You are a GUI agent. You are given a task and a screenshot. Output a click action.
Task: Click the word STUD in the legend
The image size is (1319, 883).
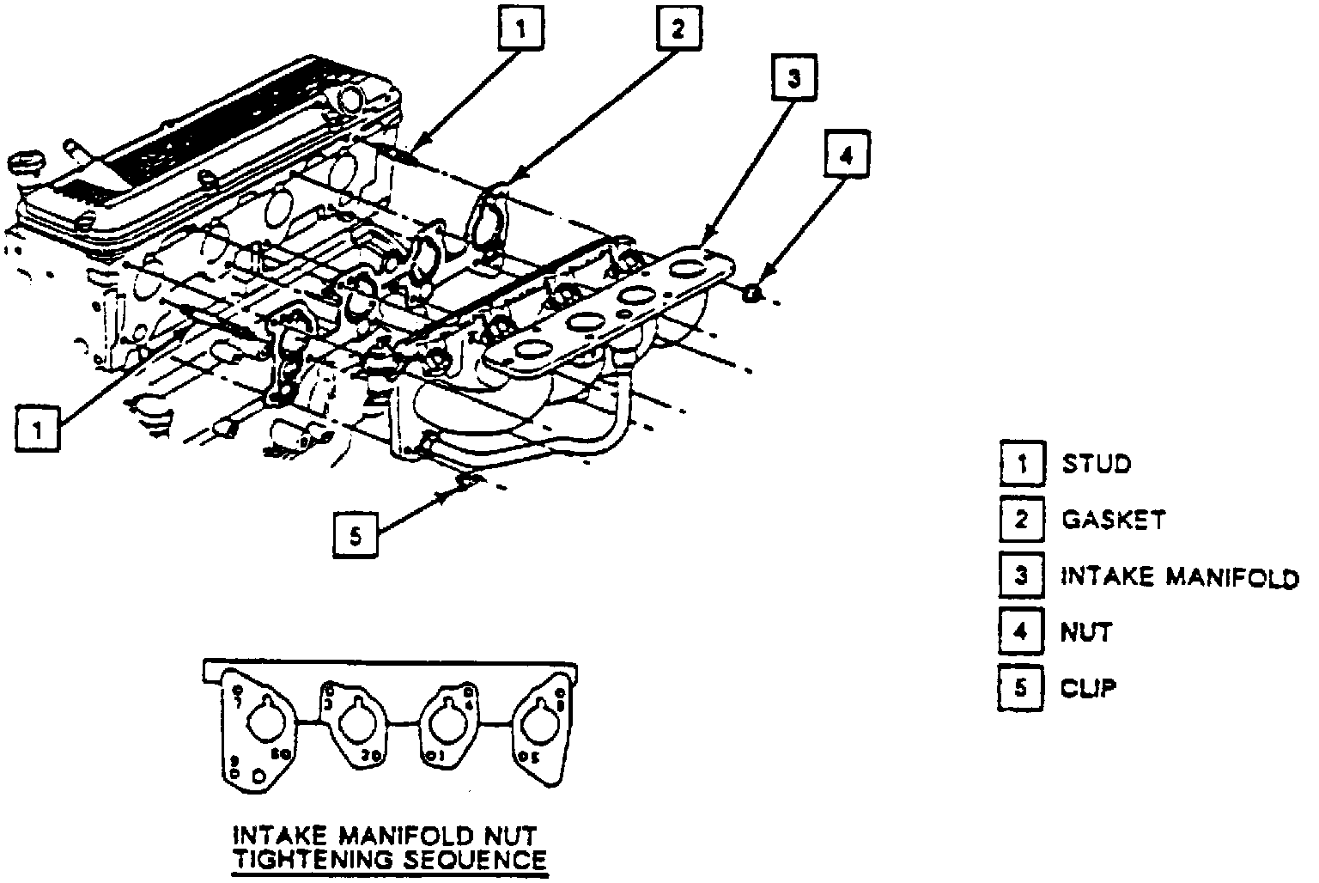(1097, 464)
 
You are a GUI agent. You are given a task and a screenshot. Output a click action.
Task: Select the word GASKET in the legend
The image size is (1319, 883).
(1114, 520)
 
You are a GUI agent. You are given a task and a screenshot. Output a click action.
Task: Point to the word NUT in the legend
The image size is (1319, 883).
(1086, 632)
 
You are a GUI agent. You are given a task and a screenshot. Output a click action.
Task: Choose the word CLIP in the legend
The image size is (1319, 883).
(1089, 688)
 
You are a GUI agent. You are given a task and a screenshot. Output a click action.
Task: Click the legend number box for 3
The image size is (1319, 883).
(1021, 575)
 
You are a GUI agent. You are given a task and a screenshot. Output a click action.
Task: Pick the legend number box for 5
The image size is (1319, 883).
(1021, 688)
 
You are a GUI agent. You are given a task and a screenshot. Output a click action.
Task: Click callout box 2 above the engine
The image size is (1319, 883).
(678, 30)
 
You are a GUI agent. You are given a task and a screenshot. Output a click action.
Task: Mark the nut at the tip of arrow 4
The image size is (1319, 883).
(752, 294)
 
